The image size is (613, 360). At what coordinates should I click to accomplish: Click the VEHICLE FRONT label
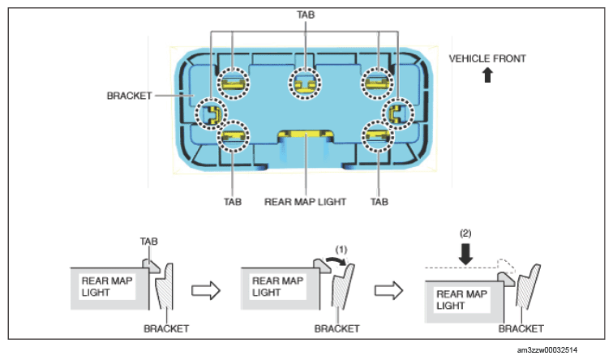coord(487,58)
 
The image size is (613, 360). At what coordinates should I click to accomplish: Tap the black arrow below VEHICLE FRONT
coord(487,75)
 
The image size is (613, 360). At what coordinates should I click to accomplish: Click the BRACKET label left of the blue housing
coord(129,96)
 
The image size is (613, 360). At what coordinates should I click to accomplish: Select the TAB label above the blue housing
coord(306,15)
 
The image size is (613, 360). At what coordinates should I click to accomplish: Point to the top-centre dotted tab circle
coord(305,69)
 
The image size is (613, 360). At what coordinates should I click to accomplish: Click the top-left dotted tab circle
coord(233,69)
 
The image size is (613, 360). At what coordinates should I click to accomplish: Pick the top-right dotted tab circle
coord(377,69)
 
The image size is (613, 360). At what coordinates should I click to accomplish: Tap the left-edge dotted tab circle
coord(211,99)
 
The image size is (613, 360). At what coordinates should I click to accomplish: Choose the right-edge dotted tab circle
coord(398,99)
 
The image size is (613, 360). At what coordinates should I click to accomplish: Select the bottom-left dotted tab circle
coord(233,122)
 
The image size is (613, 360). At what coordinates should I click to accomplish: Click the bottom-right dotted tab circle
coord(378,122)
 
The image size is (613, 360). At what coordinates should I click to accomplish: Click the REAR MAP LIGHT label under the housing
coord(305,202)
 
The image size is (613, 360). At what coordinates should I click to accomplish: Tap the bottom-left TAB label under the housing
coord(233,202)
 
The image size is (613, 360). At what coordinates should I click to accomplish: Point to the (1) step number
coord(341,250)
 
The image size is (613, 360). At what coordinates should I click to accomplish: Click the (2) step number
coord(465,234)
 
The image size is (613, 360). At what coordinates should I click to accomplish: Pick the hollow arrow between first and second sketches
coord(206,290)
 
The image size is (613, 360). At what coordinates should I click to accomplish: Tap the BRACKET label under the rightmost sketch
coord(521,328)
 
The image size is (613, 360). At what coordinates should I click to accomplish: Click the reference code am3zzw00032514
coord(547,350)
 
